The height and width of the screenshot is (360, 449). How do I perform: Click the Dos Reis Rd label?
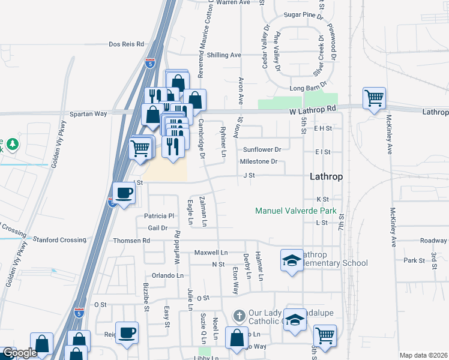tap(127, 44)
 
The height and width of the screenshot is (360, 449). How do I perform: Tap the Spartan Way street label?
tap(88, 113)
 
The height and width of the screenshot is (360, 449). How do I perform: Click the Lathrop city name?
tap(326, 177)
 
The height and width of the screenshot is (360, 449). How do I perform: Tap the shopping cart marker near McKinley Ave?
tap(374, 97)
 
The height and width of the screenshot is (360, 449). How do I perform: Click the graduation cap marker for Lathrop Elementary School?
tap(292, 260)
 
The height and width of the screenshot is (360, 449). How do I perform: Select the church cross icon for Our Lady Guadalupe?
tap(239, 315)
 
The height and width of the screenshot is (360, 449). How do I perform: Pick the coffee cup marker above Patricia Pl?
tap(124, 193)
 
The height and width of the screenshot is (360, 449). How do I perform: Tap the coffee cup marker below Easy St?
tap(127, 332)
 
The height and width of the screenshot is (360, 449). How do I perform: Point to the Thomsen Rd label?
tap(131, 241)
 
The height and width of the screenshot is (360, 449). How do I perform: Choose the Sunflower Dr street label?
tap(262, 149)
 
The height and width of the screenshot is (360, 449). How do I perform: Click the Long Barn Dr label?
tap(308, 88)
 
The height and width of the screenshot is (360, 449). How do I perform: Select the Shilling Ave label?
tap(223, 55)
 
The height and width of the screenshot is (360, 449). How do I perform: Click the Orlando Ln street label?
tap(167, 275)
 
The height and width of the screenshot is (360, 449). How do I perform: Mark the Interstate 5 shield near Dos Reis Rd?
tap(150, 62)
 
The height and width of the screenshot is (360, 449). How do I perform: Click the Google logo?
tap(20, 353)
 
